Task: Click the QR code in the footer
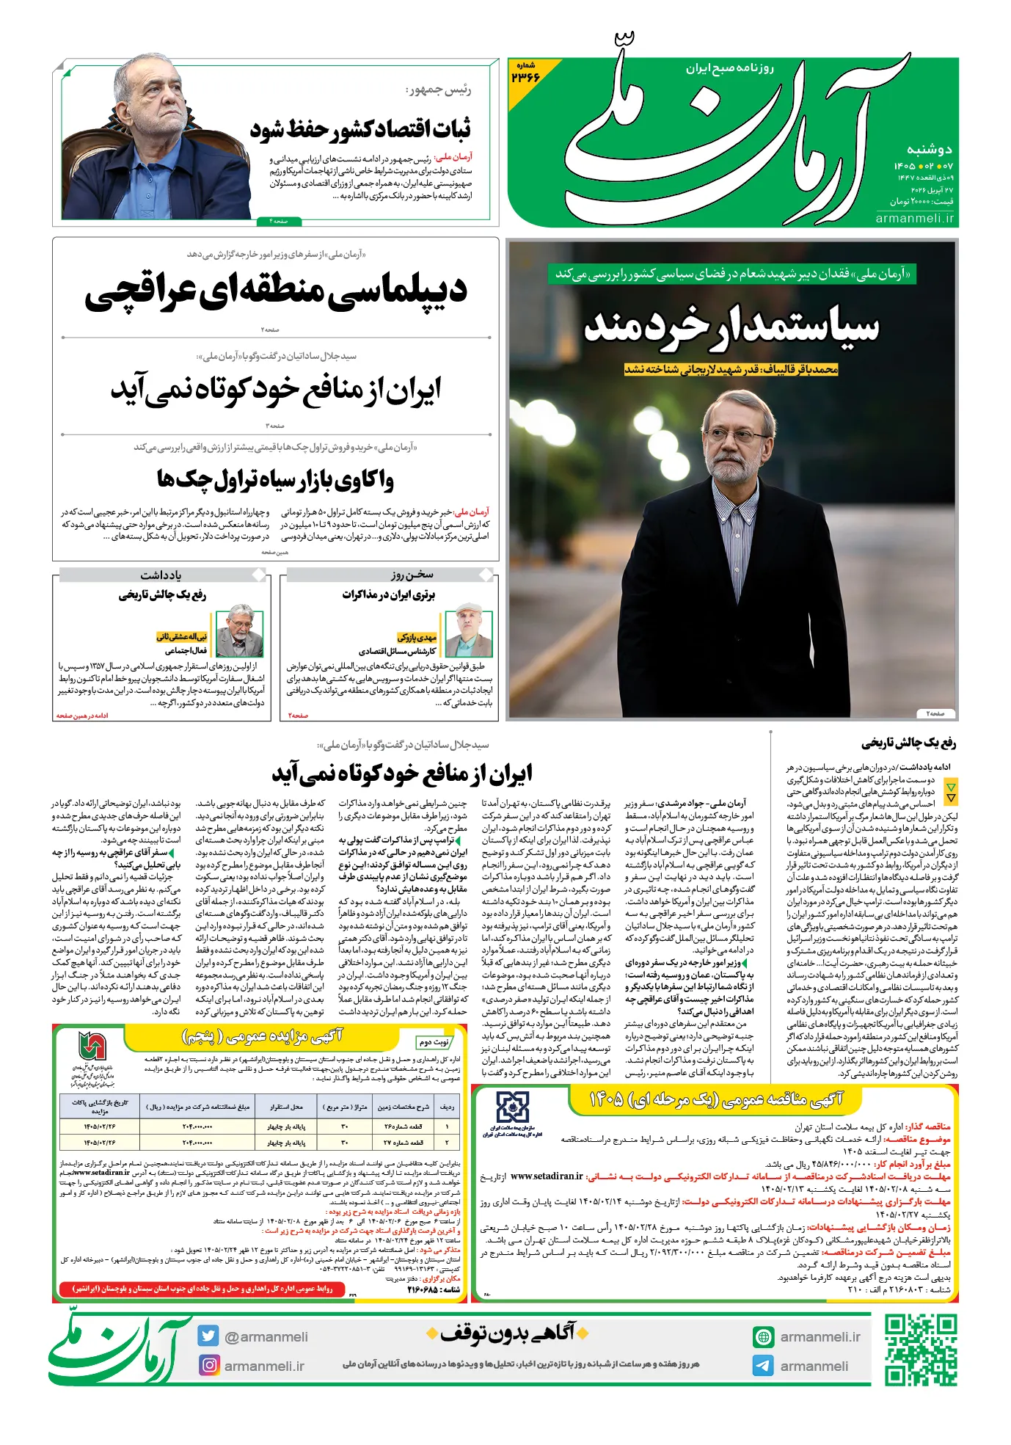pos(920,1350)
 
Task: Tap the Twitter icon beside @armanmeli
pos(208,1336)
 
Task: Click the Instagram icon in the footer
pos(209,1365)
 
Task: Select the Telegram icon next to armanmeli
pos(763,1366)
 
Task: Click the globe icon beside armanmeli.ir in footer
pos(763,1337)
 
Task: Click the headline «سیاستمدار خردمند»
pos(731,327)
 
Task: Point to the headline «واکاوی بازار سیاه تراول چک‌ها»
pos(275,480)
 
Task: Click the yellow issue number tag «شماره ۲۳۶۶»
pos(525,73)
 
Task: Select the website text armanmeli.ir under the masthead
pos(915,218)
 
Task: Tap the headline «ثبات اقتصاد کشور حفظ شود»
pos(360,130)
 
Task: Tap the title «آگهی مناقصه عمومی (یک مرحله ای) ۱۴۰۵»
pos(716,1099)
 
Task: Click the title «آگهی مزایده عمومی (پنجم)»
pos(262,1035)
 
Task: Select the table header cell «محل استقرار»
pos(286,1106)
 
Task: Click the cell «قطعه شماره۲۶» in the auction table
pos(404,1126)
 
